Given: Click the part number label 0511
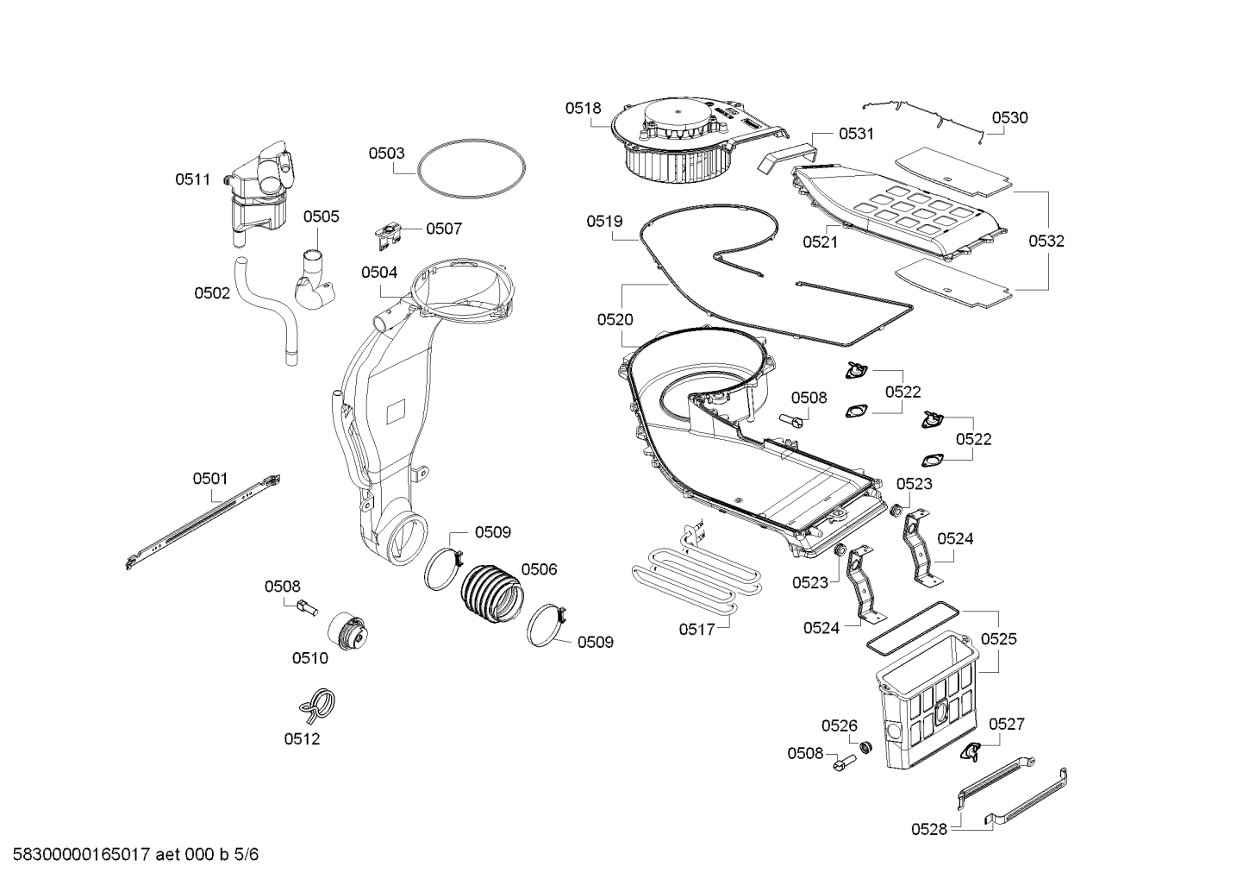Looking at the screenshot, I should pyautogui.click(x=192, y=179).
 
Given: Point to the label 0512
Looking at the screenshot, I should pyautogui.click(x=302, y=738).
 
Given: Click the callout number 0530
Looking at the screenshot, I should pyautogui.click(x=1009, y=117).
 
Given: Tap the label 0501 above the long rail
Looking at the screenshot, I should pyautogui.click(x=210, y=478).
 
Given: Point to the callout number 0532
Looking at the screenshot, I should pyautogui.click(x=1046, y=241).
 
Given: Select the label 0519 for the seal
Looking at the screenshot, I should pyautogui.click(x=604, y=222).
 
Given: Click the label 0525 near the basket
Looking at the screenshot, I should pyautogui.click(x=998, y=639).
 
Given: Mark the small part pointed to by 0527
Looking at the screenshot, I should pyautogui.click(x=971, y=751).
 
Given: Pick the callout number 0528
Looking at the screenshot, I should pyautogui.click(x=929, y=829).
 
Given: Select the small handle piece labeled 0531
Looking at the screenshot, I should pyautogui.click(x=785, y=154).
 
